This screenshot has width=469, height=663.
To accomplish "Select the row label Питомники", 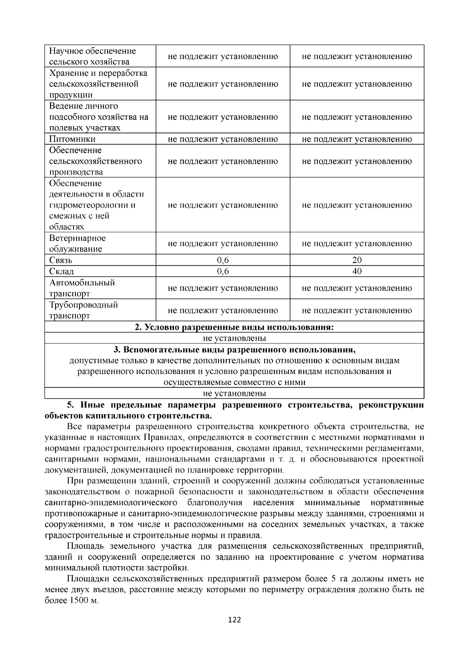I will (72, 139).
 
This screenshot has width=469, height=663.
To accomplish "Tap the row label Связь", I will (61, 260).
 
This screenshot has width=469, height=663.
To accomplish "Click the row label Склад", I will (61, 272).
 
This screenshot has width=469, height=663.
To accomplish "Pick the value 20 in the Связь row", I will (357, 260).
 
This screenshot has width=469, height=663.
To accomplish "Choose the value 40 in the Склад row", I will (357, 272).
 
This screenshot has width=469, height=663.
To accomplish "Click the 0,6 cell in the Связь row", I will (223, 260).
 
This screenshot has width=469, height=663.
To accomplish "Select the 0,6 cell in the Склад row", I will (223, 272).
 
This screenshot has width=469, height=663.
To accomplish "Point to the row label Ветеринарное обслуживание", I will (77, 243).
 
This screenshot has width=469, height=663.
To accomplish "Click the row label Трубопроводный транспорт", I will (83, 310).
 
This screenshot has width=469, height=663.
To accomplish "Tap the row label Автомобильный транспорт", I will (82, 288).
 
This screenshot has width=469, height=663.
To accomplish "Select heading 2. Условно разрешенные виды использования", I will (234, 327).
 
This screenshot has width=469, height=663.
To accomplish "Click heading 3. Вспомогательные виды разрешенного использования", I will (234, 349).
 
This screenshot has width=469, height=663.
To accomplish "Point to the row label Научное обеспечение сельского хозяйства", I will (92, 56).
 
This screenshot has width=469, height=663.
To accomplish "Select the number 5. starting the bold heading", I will (70, 405).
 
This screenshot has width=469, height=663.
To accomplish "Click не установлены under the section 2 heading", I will (234, 338).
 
